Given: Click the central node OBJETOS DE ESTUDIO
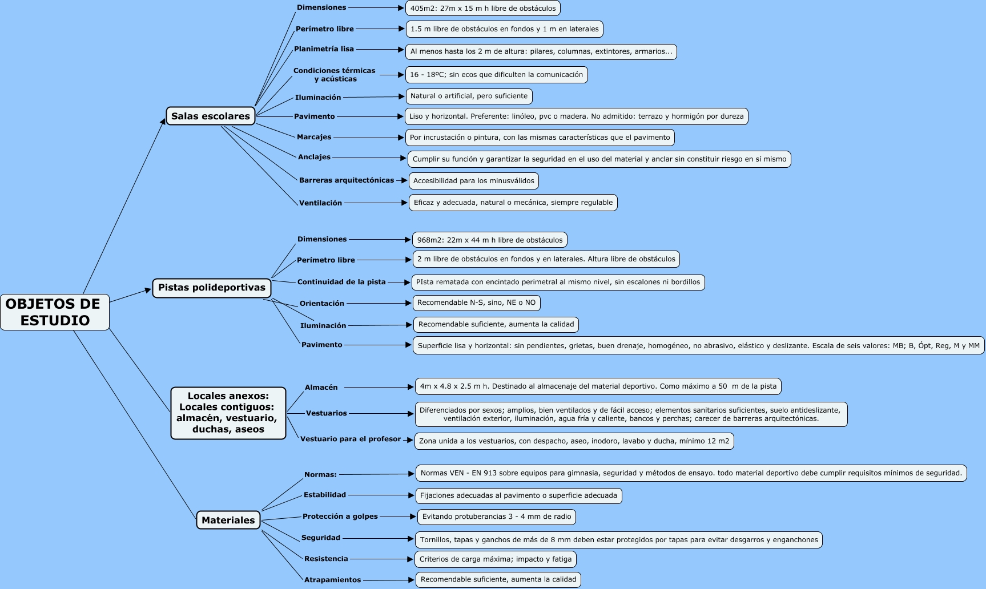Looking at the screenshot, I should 54,312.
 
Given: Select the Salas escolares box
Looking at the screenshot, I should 210,116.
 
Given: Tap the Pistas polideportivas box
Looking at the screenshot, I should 211,288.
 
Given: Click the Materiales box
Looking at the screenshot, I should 228,520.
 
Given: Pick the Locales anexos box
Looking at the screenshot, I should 228,413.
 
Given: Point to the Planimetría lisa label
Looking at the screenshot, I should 324,49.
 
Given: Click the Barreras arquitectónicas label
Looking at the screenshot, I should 346,180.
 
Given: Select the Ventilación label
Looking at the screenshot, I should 320,203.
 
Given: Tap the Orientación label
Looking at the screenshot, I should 322,304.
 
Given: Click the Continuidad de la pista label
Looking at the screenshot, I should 341,282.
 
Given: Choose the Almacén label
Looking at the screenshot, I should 321,388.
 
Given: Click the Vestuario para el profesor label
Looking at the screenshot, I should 351,439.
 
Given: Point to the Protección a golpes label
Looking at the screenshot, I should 340,517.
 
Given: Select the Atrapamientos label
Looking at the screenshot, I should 332,580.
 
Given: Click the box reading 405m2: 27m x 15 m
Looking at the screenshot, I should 482,8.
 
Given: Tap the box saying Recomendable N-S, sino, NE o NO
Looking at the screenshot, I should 476,302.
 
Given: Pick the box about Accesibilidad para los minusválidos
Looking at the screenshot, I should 473,181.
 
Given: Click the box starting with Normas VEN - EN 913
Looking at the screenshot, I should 691,473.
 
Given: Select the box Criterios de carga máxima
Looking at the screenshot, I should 495,559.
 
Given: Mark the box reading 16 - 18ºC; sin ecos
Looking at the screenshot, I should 496,75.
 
